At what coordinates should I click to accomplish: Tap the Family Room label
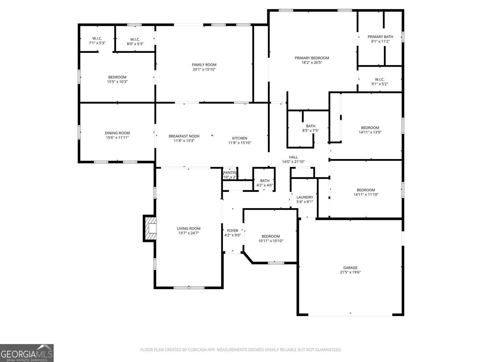coord(204,65)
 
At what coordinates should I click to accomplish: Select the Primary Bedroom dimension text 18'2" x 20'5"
coord(312,62)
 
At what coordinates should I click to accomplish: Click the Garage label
coord(350,268)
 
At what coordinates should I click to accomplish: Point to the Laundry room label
coord(305,197)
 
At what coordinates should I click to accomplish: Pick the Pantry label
coord(230,173)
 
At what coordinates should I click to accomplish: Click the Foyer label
coord(233,231)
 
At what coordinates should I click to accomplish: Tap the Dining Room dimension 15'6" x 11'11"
coord(117,138)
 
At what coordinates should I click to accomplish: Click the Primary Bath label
coord(380,37)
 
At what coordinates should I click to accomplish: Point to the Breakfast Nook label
coord(184,136)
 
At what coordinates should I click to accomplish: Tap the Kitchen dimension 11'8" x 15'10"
coord(239,143)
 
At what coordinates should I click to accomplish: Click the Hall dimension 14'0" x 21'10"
coord(293,162)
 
